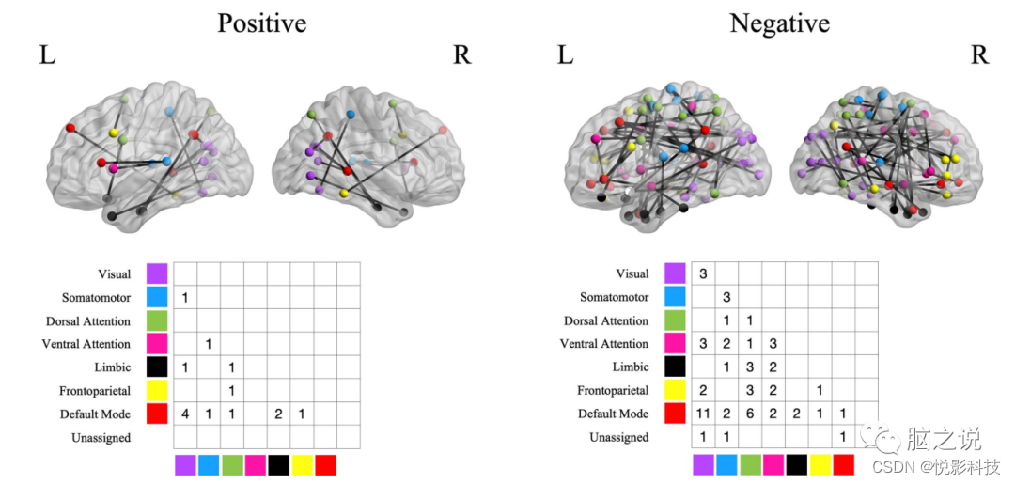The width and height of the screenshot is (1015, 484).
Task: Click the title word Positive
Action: coord(261,23)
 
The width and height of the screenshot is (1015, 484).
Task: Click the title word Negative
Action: coord(779,23)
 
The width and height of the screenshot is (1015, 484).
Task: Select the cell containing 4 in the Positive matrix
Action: coord(185,414)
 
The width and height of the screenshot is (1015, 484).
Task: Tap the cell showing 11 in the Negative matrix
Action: coord(703,414)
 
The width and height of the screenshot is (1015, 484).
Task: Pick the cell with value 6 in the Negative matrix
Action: coord(750,414)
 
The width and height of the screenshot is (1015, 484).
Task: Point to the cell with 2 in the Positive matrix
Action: coord(278,414)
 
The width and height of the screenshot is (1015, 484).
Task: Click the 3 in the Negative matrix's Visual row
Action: coord(703,273)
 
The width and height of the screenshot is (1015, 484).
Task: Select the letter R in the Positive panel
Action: coord(461,55)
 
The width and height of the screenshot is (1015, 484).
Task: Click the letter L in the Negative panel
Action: coord(565,55)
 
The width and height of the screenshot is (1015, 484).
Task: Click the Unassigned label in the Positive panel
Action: coord(101,438)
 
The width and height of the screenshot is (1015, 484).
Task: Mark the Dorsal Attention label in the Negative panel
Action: coord(606,320)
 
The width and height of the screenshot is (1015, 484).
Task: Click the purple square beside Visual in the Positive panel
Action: coord(157,273)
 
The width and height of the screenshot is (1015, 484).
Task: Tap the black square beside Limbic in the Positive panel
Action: coord(157,367)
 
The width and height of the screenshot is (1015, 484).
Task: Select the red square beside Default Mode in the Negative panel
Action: coord(675,414)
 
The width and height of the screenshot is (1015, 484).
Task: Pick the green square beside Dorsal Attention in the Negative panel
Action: coord(675,320)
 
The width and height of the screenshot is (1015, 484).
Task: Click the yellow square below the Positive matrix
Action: coord(302,465)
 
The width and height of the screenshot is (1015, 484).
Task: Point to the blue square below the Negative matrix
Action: coord(726,464)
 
